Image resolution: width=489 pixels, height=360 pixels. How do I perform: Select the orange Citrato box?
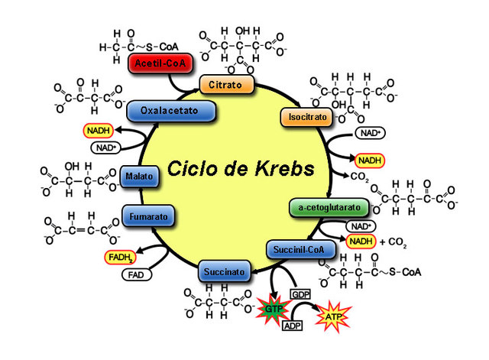tap(222, 83)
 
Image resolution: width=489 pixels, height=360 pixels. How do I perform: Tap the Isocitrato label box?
tap(307, 118)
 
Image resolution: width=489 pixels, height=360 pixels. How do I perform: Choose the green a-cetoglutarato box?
tap(329, 208)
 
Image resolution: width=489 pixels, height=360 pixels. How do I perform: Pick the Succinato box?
tap(224, 271)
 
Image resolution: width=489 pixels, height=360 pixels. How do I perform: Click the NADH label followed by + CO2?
tap(361, 242)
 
